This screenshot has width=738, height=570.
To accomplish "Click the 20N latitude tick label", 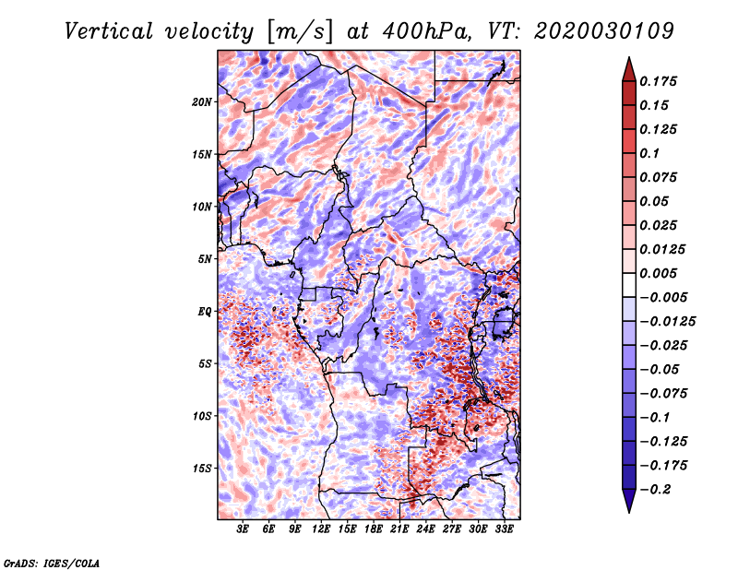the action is tap(202, 101).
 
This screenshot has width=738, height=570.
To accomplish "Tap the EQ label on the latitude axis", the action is tap(205, 312).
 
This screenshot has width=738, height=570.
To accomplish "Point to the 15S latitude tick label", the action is tap(202, 469).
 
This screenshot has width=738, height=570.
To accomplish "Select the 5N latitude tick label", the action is tap(205, 259).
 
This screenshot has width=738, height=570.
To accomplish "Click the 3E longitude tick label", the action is tap(243, 529).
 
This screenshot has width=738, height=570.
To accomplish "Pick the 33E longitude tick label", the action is tap(504, 529).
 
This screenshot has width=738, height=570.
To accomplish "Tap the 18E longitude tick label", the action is tap(374, 529).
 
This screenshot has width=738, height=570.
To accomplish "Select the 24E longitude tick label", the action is tap(425, 529).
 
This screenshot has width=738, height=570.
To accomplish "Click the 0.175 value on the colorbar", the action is tap(658, 81).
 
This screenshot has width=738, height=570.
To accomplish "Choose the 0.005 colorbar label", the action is tap(658, 273).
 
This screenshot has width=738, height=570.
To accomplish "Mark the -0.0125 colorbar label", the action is tap(667, 322).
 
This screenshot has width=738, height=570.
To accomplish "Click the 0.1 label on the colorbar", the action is tap(649, 153).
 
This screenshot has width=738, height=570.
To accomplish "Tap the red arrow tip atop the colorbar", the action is tap(629, 58).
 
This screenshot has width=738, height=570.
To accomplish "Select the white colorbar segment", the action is tap(629, 285).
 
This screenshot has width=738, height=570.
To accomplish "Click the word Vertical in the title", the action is tap(108, 31).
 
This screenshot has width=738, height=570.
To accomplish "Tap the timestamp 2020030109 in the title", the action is tap(604, 31).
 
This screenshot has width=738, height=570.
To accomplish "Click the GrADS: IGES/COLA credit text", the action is tap(52, 564).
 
